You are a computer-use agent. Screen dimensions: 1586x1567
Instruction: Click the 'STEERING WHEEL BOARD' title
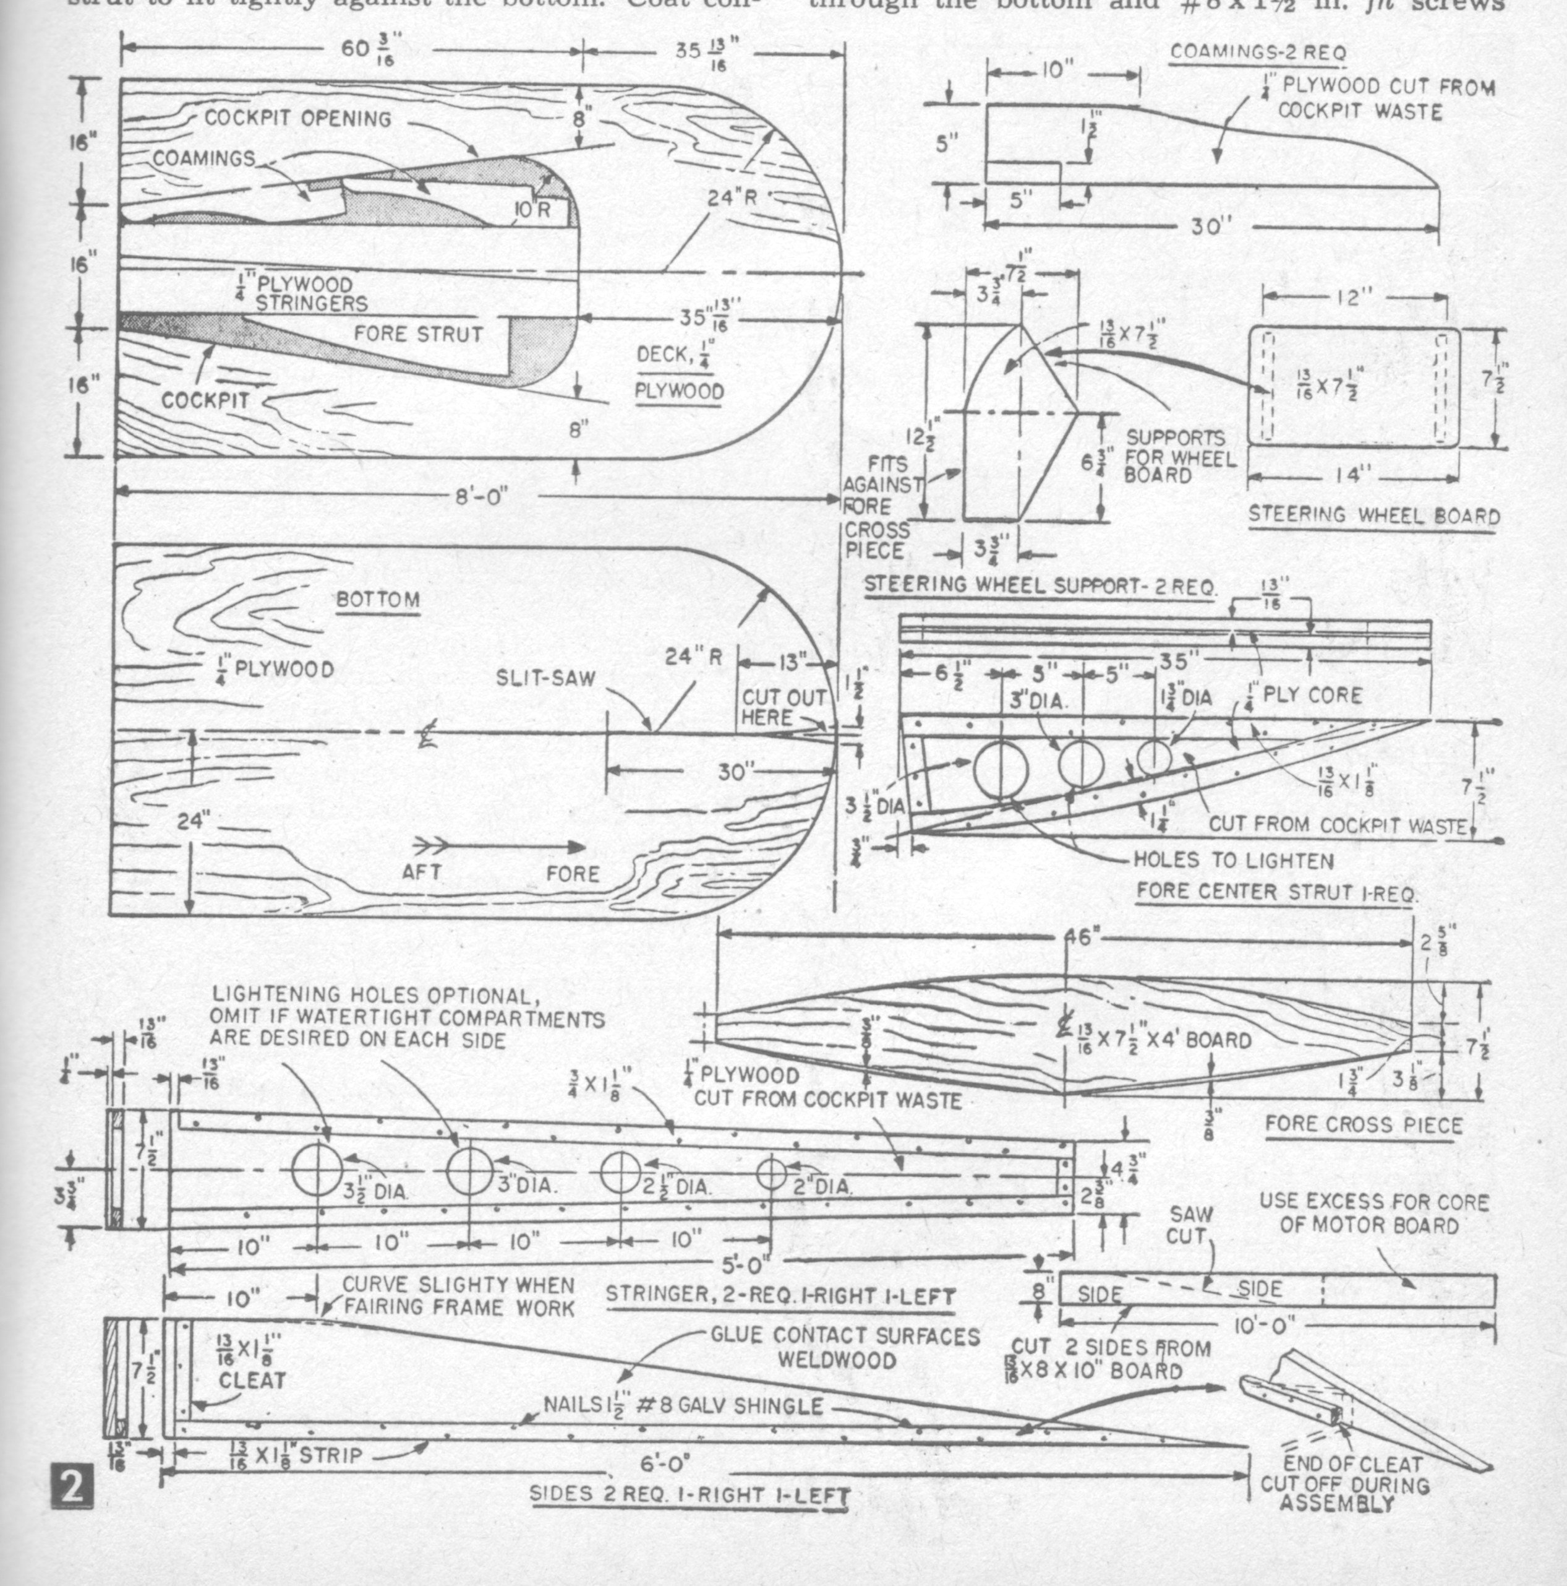point(1373,516)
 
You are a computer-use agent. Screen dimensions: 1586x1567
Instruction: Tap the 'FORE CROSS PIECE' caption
point(1364,1124)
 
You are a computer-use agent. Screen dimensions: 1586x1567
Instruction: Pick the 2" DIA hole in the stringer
point(771,1174)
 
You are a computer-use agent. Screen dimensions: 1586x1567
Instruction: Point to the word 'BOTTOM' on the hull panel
point(378,600)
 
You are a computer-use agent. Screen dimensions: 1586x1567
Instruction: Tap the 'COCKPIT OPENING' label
point(298,118)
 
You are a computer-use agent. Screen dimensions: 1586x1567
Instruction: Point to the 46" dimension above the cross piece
point(1082,937)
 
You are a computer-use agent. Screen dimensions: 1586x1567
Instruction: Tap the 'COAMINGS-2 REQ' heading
point(1258,52)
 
